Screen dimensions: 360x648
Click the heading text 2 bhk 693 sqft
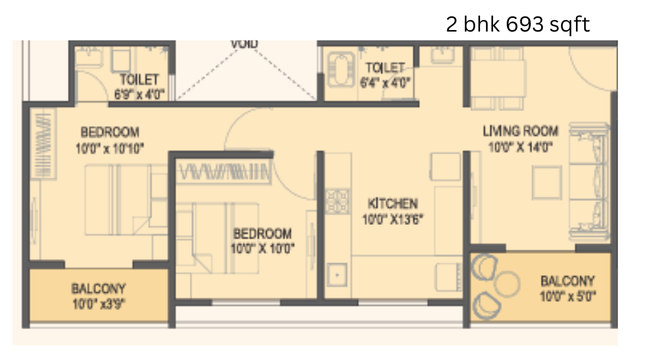point(518,25)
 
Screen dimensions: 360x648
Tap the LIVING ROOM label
point(520,131)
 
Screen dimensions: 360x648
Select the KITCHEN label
point(392,204)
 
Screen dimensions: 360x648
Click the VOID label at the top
point(244,45)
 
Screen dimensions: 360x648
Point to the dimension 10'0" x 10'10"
point(111,147)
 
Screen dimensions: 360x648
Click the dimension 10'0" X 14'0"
point(520,146)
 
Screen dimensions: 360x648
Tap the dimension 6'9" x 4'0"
point(140,94)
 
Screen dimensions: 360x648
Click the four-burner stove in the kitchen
point(337,201)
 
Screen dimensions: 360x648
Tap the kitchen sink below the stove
point(337,276)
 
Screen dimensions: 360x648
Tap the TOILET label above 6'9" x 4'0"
point(140,80)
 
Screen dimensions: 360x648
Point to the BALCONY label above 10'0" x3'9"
point(98,289)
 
